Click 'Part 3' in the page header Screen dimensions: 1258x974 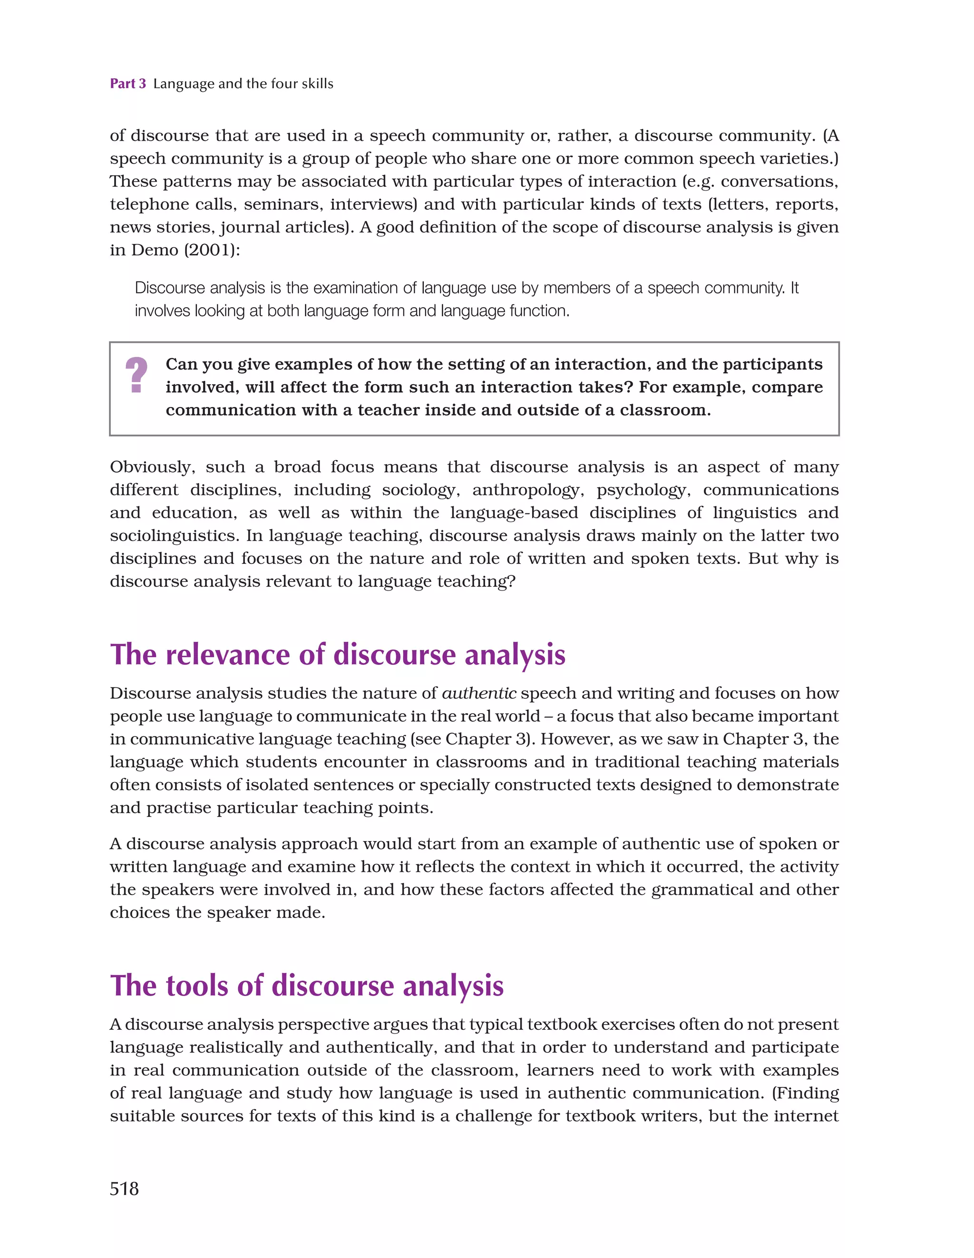tap(127, 84)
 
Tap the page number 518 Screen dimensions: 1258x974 tap(125, 1188)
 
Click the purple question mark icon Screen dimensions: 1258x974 tap(136, 375)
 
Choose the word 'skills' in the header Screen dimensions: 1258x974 tap(317, 84)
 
